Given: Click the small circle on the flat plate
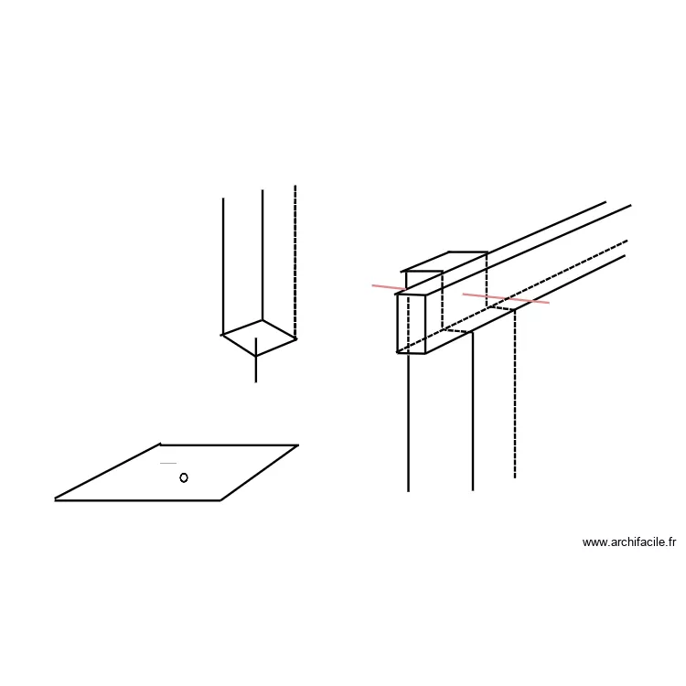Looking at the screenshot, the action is pyautogui.click(x=184, y=477).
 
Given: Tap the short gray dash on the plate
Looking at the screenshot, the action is pyautogui.click(x=168, y=463).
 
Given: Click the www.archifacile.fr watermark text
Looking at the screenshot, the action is pyautogui.click(x=628, y=542).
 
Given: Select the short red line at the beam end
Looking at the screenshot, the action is pyautogui.click(x=389, y=287).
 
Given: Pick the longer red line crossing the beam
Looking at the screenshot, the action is pyautogui.click(x=506, y=298).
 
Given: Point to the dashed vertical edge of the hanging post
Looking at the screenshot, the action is pyautogui.click(x=295, y=262).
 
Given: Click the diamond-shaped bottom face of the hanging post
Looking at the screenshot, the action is pyautogui.click(x=259, y=338).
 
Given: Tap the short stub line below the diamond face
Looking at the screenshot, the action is pyautogui.click(x=256, y=360).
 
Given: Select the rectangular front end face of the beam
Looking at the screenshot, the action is pyautogui.click(x=411, y=323).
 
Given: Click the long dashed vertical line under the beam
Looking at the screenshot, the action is pyautogui.click(x=515, y=393).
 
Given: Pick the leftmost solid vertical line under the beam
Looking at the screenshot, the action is pyautogui.click(x=408, y=423).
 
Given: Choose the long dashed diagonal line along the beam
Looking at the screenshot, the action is pyautogui.click(x=512, y=296).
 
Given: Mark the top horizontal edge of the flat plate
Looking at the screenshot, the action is pyautogui.click(x=230, y=445).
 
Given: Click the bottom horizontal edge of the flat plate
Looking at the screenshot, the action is pyautogui.click(x=137, y=500).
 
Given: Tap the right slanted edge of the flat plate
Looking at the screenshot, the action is pyautogui.click(x=260, y=473).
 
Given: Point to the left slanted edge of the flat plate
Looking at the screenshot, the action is pyautogui.click(x=108, y=472).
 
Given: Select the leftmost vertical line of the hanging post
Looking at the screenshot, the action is pyautogui.click(x=223, y=266).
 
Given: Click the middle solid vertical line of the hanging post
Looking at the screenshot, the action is pyautogui.click(x=263, y=255).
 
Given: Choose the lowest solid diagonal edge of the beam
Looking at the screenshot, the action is pyautogui.click(x=525, y=304).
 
